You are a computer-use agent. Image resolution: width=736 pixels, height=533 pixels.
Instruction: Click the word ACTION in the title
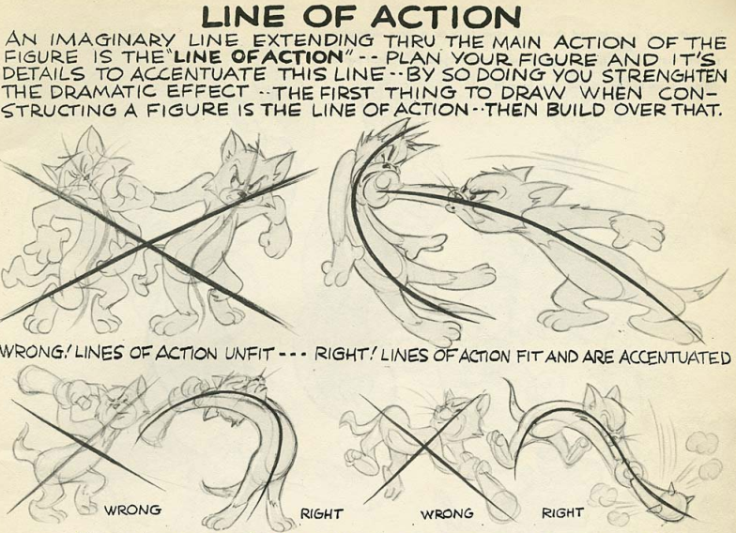click(447, 17)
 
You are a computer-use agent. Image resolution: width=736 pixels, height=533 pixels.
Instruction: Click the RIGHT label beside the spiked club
click(561, 512)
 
